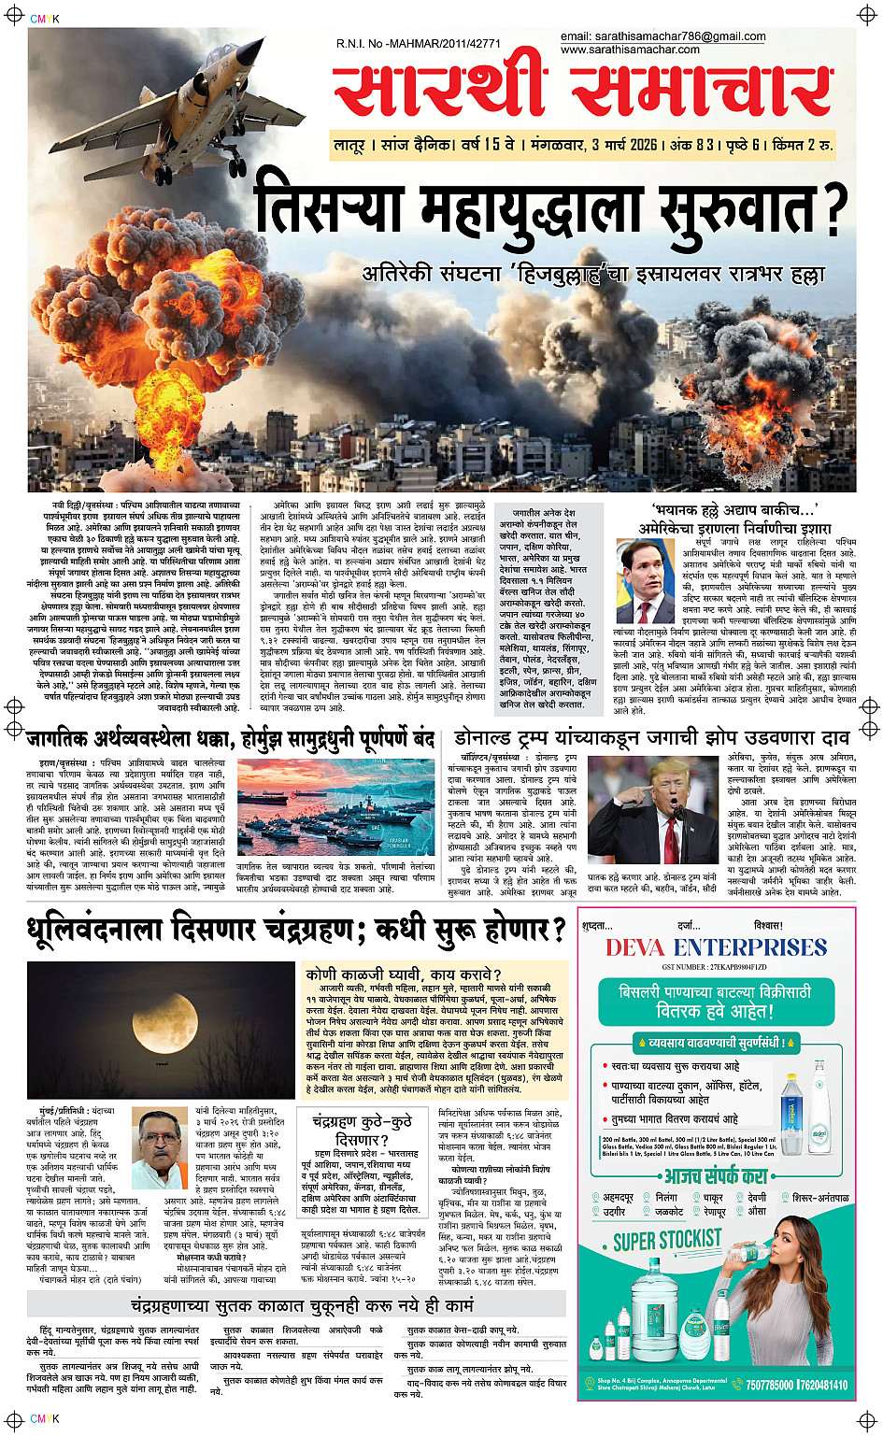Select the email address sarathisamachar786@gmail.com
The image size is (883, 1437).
pyautogui.click(x=662, y=36)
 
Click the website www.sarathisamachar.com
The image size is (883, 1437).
pyautogui.click(x=630, y=50)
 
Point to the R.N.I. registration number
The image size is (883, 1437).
pyautogui.click(x=419, y=43)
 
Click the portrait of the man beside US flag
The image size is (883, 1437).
pyautogui.click(x=646, y=576)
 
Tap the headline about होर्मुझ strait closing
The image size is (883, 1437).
pyautogui.click(x=231, y=739)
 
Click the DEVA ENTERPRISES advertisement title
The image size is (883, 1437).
pyautogui.click(x=715, y=947)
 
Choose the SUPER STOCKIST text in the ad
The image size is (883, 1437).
pyautogui.click(x=667, y=1240)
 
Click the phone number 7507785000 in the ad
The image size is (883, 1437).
pyautogui.click(x=770, y=1385)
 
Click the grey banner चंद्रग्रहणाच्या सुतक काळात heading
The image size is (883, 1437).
pyautogui.click(x=302, y=1304)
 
